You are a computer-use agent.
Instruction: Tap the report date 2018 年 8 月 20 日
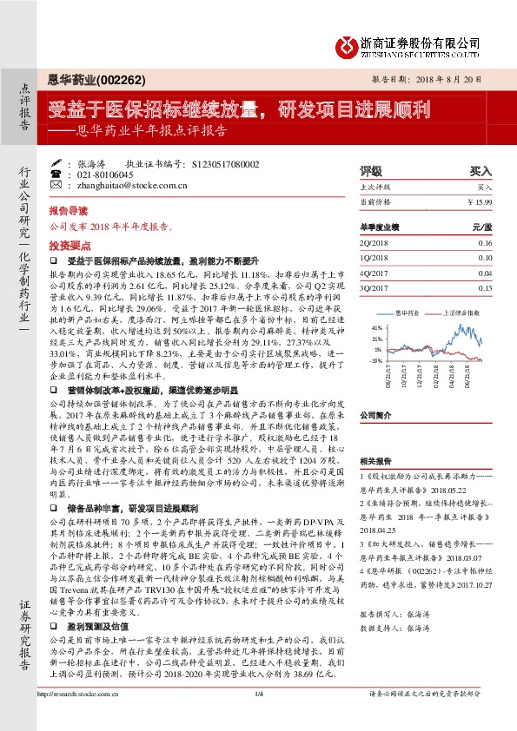tap(446, 78)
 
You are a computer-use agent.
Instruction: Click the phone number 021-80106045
tap(106, 174)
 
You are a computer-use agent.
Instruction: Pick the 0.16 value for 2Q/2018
tap(485, 242)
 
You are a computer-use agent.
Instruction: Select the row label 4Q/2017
tap(372, 273)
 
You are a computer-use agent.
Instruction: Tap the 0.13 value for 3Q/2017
tap(485, 287)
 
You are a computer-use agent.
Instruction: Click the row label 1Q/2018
tap(372, 258)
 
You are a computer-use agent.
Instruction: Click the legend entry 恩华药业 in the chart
tap(408, 311)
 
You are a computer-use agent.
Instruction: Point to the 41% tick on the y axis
tap(376, 327)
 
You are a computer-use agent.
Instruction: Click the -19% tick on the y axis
tap(375, 359)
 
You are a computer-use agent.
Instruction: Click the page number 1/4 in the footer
tap(259, 717)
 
